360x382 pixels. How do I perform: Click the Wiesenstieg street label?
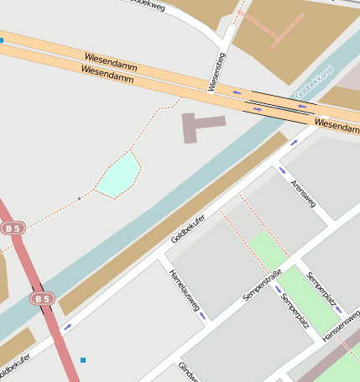[217, 72]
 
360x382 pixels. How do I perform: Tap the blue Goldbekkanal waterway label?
[316, 82]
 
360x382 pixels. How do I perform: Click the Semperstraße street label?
[262, 286]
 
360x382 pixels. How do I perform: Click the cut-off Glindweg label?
[186, 372]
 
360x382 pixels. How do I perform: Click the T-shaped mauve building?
[198, 125]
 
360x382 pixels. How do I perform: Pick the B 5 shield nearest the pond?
[13, 228]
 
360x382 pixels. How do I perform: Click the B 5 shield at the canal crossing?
[42, 298]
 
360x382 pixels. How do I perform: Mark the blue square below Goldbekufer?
[82, 360]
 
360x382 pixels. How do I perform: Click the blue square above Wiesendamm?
[2, 39]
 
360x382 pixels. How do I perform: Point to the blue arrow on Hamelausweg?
[202, 317]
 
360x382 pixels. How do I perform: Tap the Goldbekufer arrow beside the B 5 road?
[67, 327]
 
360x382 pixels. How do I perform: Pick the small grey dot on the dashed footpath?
[79, 199]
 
